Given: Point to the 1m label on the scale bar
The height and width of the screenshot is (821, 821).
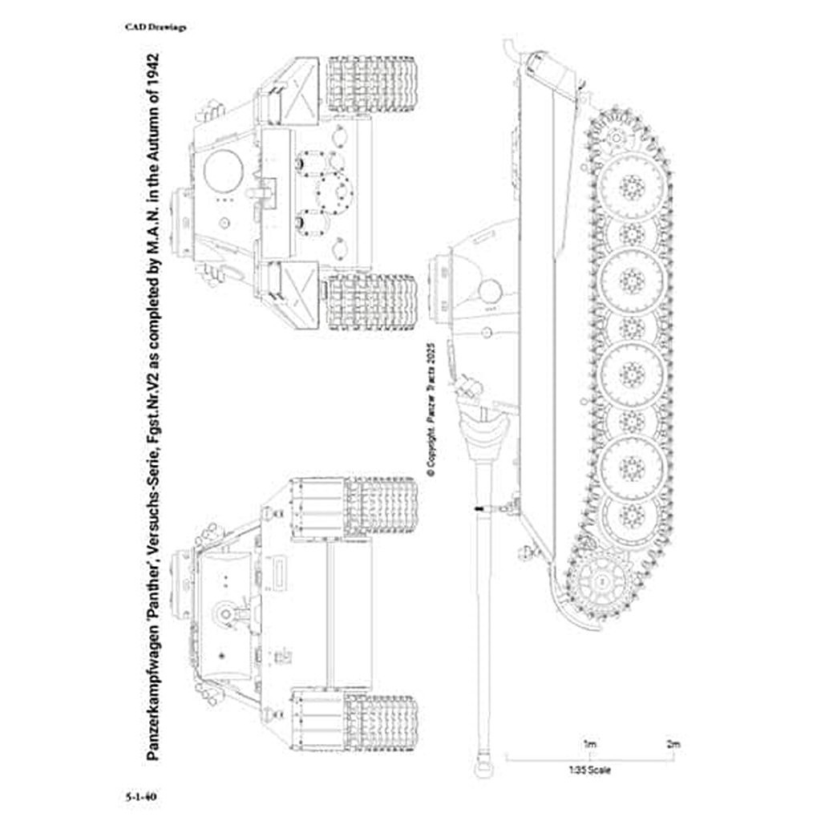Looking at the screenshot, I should tap(589, 744).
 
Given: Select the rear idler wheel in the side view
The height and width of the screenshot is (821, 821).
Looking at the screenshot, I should tap(615, 139).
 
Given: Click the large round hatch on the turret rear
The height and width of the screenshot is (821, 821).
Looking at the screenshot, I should tap(224, 170).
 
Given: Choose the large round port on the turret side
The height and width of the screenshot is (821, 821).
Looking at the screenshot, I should tap(488, 290).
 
